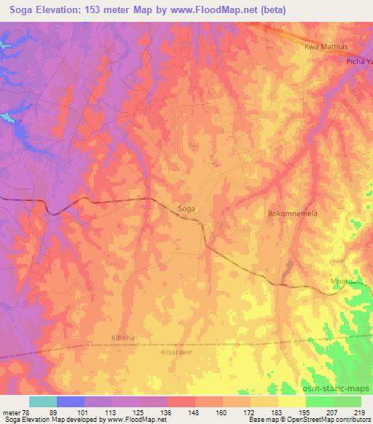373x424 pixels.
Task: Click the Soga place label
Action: pyautogui.click(x=186, y=208)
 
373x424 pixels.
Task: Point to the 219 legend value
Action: pyautogui.click(x=358, y=412)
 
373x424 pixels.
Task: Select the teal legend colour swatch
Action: pyautogui.click(x=43, y=401)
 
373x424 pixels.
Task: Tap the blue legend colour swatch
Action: pyautogui.click(x=71, y=401)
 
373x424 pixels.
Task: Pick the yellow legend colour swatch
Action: pyautogui.click(x=292, y=401)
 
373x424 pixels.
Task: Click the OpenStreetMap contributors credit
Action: pyautogui.click(x=321, y=420)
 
